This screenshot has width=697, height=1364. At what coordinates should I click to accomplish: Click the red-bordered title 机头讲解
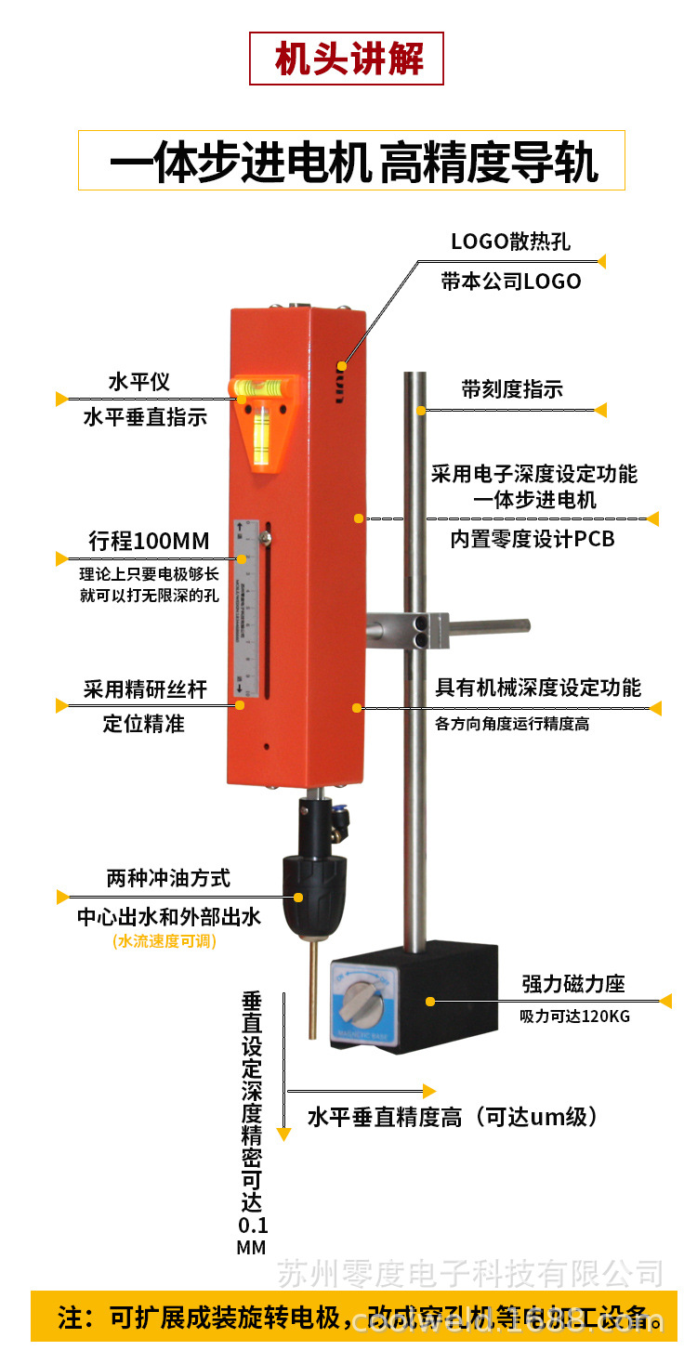pos(347,59)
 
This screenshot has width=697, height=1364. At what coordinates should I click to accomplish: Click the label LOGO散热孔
pos(510,242)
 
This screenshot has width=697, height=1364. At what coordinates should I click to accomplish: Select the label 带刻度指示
pos(511,389)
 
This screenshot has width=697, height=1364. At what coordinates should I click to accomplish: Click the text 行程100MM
pos(149,541)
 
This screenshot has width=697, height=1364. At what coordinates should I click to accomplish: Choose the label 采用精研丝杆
pos(145,689)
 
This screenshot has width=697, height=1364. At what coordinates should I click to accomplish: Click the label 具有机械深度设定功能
pos(538,688)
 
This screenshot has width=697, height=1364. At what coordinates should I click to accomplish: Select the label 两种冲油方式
pos(168,878)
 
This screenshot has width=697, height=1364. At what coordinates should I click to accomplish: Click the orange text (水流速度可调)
pos(164,941)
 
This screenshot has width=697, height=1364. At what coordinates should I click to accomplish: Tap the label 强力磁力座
pos(572,984)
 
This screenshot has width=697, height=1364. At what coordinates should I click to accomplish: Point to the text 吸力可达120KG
pos(574,1016)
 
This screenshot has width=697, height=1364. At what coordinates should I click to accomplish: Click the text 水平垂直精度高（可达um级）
pos(452,1117)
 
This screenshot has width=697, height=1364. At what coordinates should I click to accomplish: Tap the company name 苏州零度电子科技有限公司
pos(470,1273)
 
